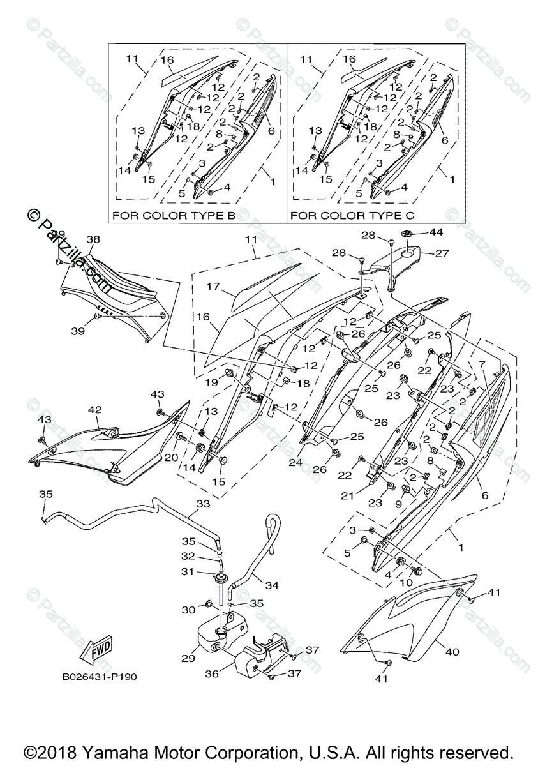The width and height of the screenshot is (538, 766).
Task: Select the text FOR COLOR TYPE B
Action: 174,216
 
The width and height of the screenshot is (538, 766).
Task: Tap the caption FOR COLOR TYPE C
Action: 352,216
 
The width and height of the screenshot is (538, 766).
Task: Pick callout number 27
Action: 442,253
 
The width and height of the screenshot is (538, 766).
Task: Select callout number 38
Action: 93,239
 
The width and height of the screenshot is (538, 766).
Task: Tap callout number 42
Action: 95,410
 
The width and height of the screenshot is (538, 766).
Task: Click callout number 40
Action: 452,652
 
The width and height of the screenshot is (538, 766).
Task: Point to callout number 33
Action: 203,504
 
